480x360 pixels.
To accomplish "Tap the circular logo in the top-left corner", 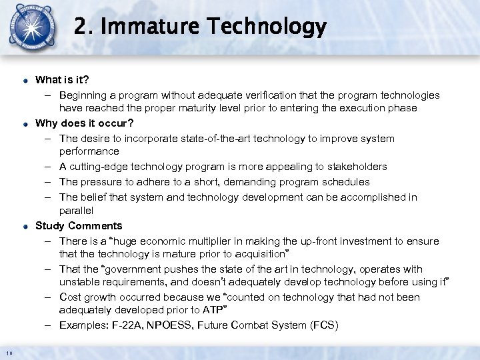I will click(x=31, y=29).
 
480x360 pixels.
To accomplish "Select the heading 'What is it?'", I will click(x=62, y=79).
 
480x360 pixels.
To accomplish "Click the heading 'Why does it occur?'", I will click(x=84, y=123).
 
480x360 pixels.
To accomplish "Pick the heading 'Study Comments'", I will click(x=79, y=225).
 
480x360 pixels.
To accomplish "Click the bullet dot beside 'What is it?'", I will click(x=23, y=80).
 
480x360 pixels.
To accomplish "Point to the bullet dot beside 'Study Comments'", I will click(x=23, y=226).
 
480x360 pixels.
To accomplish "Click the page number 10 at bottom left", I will click(x=7, y=353).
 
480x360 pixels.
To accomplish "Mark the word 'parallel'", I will click(x=77, y=210).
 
